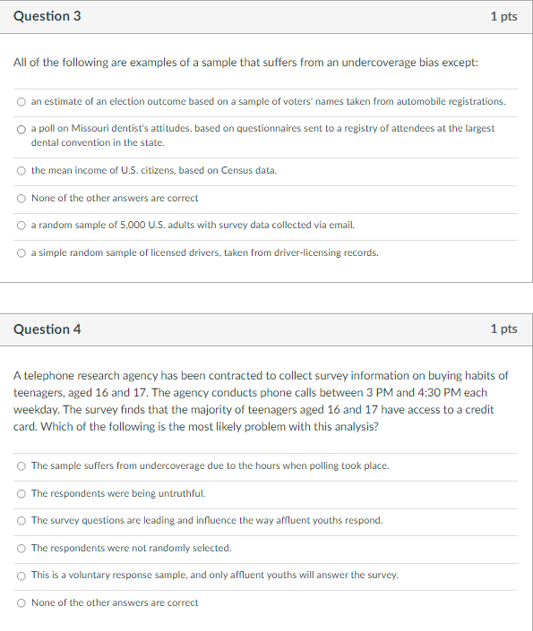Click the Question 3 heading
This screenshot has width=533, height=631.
pyautogui.click(x=41, y=17)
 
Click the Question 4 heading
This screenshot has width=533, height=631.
pyautogui.click(x=47, y=328)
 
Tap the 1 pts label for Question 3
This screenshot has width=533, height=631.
pyautogui.click(x=503, y=17)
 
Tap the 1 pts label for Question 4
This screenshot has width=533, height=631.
pyautogui.click(x=503, y=328)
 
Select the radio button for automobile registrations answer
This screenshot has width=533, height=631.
pyautogui.click(x=21, y=102)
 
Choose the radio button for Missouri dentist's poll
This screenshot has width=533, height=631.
pyautogui.click(x=21, y=129)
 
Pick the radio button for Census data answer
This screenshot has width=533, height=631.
pyautogui.click(x=21, y=170)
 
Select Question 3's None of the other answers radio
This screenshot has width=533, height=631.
pyautogui.click(x=21, y=198)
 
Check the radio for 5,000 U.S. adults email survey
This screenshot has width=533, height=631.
pyautogui.click(x=21, y=226)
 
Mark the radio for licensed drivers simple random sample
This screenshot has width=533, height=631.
pyautogui.click(x=21, y=252)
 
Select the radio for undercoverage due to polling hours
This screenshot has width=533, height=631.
pyautogui.click(x=21, y=465)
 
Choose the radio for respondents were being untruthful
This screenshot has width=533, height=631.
pyautogui.click(x=21, y=493)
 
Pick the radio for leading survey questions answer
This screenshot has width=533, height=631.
pyautogui.click(x=21, y=520)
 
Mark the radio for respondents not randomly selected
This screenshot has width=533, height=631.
pyautogui.click(x=21, y=548)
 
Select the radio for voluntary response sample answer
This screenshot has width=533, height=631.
pyautogui.click(x=21, y=575)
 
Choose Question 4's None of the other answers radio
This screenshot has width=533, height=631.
pyautogui.click(x=21, y=602)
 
